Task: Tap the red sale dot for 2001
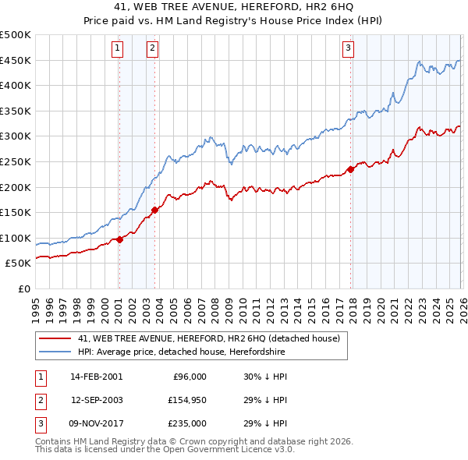119,240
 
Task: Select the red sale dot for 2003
155,210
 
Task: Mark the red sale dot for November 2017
350,169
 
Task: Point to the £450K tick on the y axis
16,60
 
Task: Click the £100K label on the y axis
16,238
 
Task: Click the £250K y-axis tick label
16,161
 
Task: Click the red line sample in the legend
55,339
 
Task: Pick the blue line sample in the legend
55,352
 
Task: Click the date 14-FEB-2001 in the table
96,376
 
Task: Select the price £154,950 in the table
186,400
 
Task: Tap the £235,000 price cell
186,423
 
